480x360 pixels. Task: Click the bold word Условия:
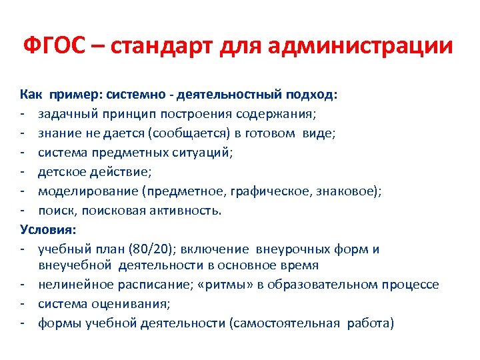click(x=49, y=230)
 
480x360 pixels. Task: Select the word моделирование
click(x=79, y=191)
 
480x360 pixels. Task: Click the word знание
click(x=59, y=133)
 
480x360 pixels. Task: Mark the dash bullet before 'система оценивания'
click(x=23, y=304)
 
